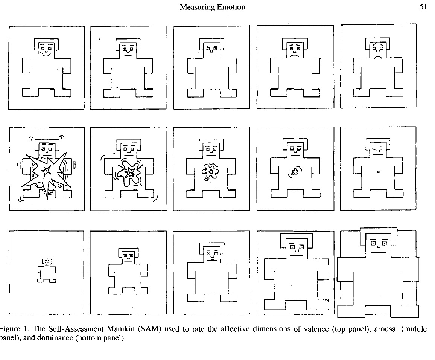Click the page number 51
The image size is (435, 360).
click(423, 7)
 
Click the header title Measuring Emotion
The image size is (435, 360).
click(213, 7)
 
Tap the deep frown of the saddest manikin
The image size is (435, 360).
click(378, 58)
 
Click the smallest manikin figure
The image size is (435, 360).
click(47, 271)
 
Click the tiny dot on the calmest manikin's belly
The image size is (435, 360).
click(378, 172)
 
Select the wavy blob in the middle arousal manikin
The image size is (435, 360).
click(210, 172)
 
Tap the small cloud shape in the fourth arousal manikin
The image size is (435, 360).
click(295, 172)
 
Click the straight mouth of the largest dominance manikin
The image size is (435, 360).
click(379, 253)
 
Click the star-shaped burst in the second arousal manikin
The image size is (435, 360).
click(128, 173)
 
